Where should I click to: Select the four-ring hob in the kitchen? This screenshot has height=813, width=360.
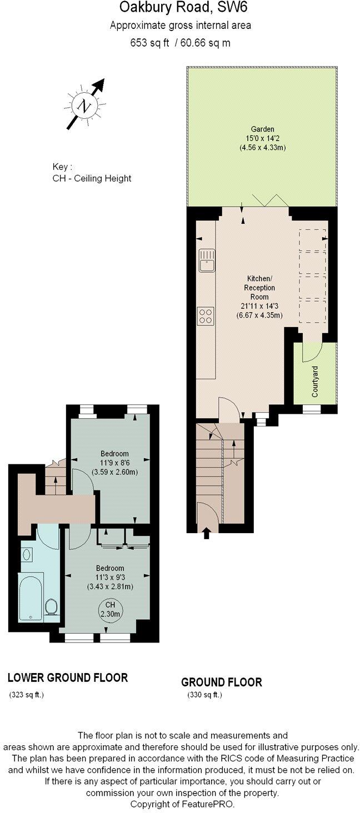point(205,316)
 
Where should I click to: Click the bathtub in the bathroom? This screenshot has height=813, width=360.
point(31,597)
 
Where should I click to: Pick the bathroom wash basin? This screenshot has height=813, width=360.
point(27,554)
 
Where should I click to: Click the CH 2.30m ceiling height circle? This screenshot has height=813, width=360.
point(111,610)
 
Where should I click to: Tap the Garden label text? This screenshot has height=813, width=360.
point(261,129)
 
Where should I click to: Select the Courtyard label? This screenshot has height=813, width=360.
point(315,384)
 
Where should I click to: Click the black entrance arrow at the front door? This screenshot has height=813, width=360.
point(207,534)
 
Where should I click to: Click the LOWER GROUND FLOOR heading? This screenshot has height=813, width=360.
point(68,677)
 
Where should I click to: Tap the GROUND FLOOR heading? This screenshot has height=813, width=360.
point(222,682)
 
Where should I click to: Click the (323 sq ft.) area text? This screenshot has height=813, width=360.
point(27,695)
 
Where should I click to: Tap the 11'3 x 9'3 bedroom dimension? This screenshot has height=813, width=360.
point(110,577)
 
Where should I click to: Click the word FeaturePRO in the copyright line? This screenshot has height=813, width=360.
point(211,804)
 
